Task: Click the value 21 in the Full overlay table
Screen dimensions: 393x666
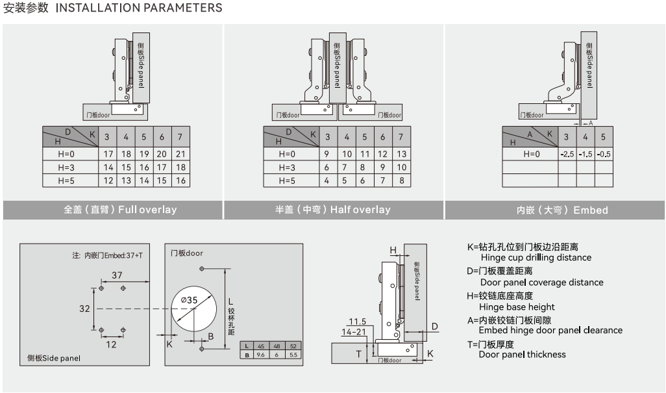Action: [180, 154]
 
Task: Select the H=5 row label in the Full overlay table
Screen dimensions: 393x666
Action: [67, 181]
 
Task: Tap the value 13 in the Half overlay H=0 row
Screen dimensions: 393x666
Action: [401, 154]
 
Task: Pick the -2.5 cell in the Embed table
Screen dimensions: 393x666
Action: [567, 154]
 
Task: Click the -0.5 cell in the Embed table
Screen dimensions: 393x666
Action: [603, 154]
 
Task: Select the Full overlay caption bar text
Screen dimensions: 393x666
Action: [120, 210]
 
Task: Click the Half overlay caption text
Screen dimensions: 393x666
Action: [332, 210]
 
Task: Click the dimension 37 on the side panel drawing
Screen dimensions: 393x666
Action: [117, 275]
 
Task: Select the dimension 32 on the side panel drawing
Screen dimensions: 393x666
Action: [85, 309]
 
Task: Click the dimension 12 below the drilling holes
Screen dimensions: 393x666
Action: [111, 344]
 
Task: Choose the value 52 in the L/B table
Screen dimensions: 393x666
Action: [293, 346]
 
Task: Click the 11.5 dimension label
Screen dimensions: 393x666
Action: [357, 322]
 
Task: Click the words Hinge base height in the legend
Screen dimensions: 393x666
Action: [517, 307]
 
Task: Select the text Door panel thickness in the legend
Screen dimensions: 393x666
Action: [522, 354]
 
